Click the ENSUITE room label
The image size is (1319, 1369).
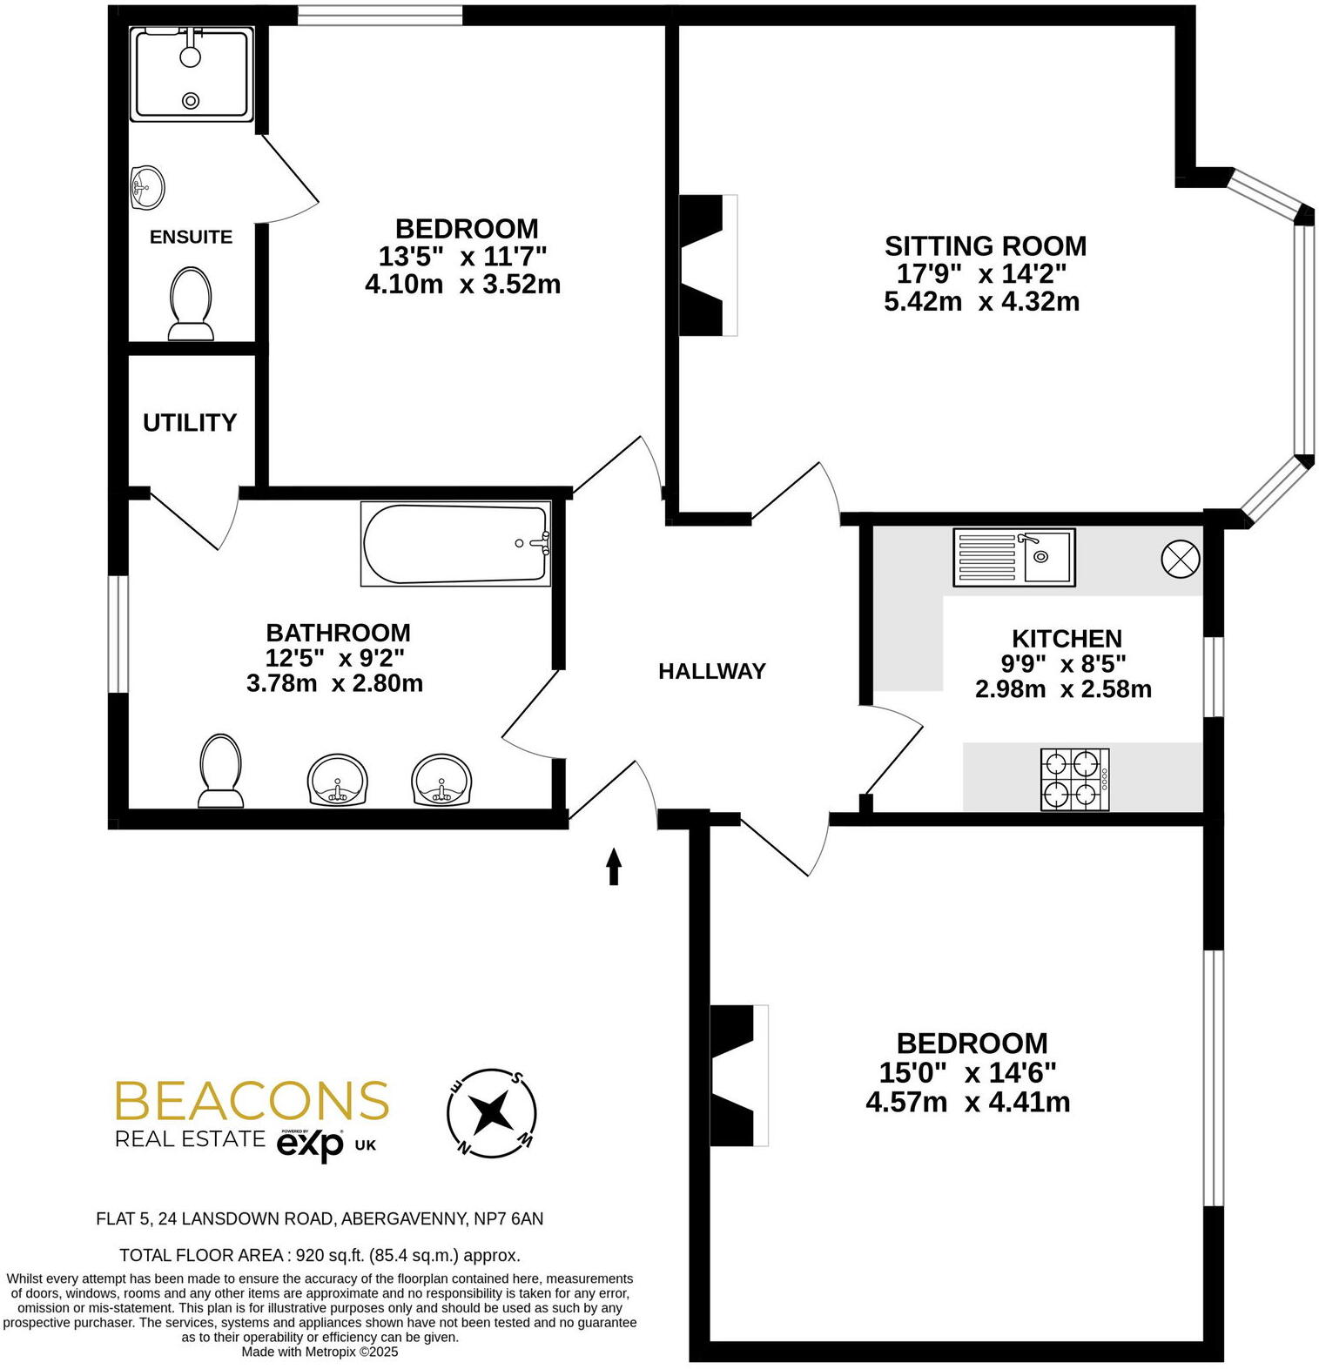coord(191,237)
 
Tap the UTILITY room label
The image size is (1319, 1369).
coord(190,422)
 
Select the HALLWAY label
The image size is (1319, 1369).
coord(711,671)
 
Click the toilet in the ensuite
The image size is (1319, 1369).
coord(191,303)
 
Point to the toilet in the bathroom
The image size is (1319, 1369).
coord(219,771)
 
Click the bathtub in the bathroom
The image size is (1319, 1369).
coord(455,544)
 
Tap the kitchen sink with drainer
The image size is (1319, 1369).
coord(1013,557)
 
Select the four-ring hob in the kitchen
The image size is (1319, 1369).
coord(1074,780)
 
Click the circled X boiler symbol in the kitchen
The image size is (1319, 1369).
coord(1181,559)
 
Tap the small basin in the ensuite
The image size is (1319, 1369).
coord(147,187)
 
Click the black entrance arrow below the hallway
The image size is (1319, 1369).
coord(614,866)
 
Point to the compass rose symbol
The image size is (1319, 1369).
coord(491,1112)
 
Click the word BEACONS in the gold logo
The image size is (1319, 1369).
coord(252,1101)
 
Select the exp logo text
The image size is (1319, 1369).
coord(310,1144)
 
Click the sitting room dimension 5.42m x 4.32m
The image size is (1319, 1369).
coord(981,302)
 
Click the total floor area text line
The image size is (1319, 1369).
coord(320,1255)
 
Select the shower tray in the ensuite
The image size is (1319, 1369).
coord(192,74)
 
